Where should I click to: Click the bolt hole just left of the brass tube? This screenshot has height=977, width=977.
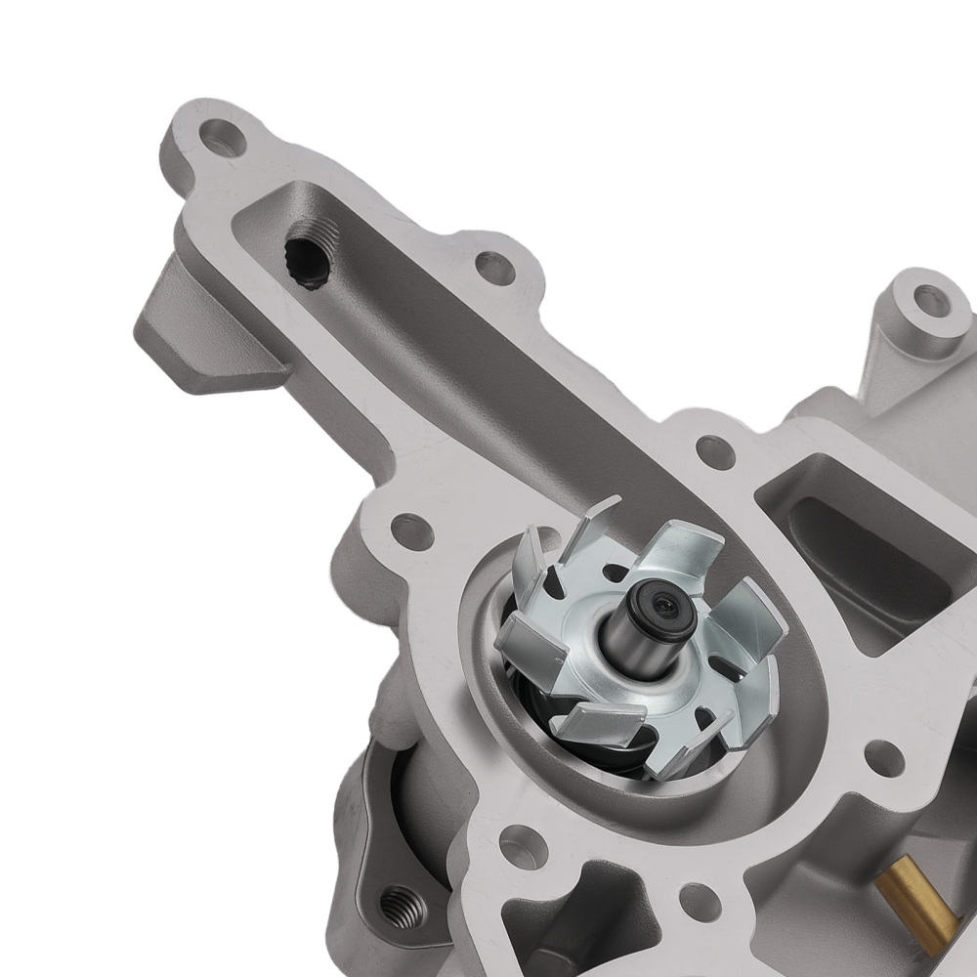pos(700,900)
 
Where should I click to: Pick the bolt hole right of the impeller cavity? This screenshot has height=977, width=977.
pos(884,755)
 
